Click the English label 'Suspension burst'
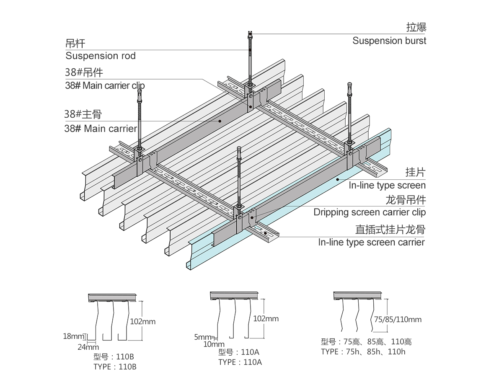pos(389,41)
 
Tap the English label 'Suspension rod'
pos(101,56)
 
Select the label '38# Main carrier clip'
pos(105,85)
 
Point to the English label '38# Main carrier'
pos(101,128)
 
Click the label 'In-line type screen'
pos(387,185)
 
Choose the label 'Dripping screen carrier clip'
pos(369,212)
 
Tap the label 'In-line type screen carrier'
pos(371,242)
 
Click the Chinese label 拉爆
pos(416,28)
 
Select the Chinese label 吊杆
pos(75,43)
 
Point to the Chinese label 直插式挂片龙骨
pos(390,230)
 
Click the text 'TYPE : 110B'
pos(115,367)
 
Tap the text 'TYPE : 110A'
pos(240,362)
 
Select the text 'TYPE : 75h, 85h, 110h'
pos(363,351)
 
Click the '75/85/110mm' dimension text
pos(398,320)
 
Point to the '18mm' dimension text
pos(73,336)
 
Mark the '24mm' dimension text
pos(88,347)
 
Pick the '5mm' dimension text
pos(203,337)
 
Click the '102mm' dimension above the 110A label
pos(266,319)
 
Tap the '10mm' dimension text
pos(214,344)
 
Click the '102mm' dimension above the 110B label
pos(142,322)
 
